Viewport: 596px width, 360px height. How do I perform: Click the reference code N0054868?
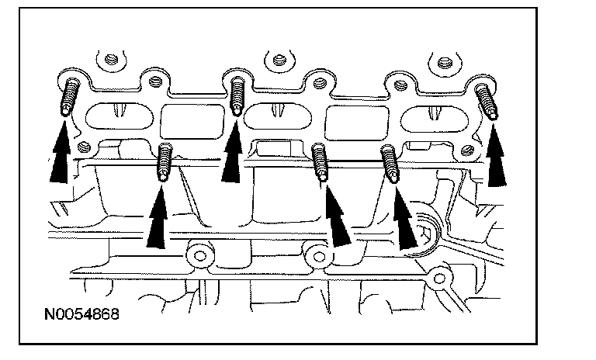(x=81, y=317)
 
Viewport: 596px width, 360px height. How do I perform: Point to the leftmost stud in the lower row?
(x=164, y=162)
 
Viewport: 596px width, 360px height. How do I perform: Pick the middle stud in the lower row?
(x=320, y=163)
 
